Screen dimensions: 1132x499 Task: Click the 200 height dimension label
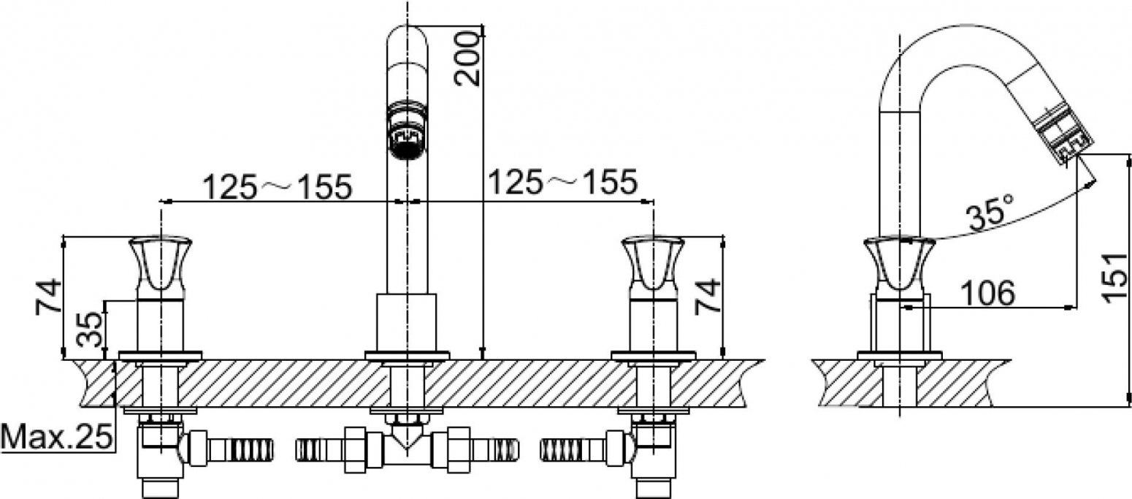point(466,58)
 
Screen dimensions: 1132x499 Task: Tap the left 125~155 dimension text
point(278,186)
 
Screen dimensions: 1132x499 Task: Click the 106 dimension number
point(987,293)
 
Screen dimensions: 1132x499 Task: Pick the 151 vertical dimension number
point(1114,278)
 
